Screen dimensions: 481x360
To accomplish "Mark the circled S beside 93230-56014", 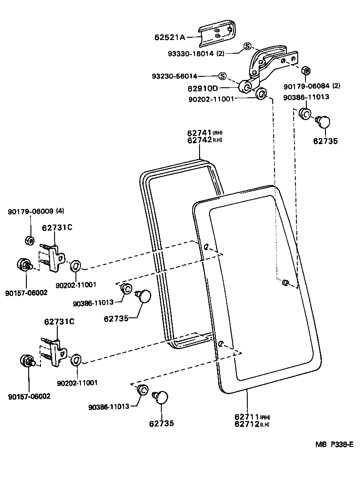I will pos(222,75).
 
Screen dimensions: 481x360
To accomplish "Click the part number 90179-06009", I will pos(30,211).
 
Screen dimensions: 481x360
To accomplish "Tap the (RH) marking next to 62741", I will pos(218,133).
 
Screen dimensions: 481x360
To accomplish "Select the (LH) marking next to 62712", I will pos(265,424).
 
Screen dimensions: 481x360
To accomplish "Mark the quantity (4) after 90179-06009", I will pos(60,211).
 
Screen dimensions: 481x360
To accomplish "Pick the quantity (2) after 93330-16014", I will pos(220,53).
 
